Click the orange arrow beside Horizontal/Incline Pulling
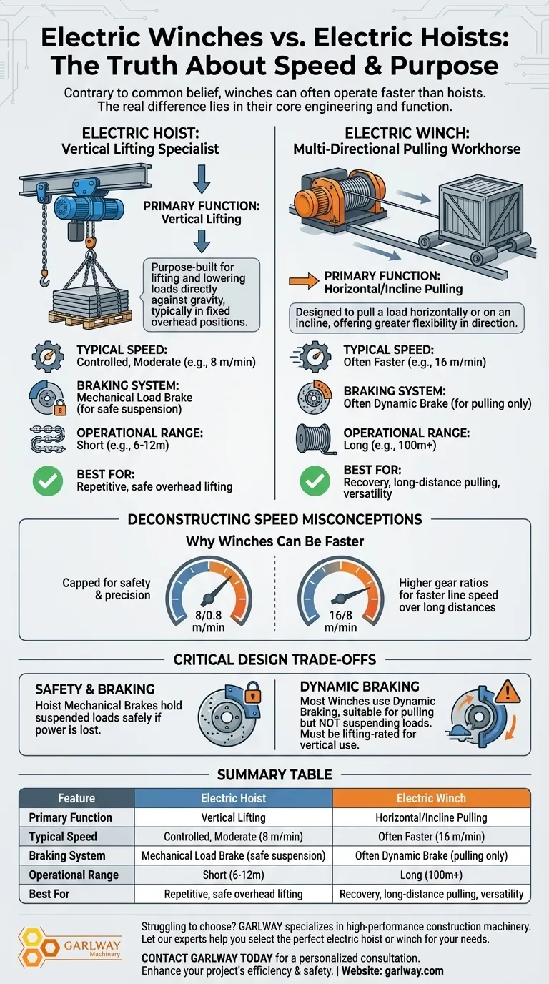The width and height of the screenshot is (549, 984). (x=304, y=281)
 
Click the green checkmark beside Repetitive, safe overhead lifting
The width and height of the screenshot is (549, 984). (x=48, y=481)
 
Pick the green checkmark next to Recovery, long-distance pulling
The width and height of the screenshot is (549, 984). (x=315, y=481)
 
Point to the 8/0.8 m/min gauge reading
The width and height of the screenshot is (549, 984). (x=208, y=621)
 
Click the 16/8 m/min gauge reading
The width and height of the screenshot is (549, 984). (x=340, y=621)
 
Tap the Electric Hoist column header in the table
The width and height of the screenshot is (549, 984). (x=233, y=798)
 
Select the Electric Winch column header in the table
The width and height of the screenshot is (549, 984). (x=431, y=798)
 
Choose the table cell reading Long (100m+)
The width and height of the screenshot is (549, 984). (x=431, y=875)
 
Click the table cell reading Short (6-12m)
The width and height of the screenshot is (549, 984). (x=233, y=875)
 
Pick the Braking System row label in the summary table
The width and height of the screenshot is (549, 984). (x=67, y=856)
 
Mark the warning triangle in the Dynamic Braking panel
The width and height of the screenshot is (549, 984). (x=508, y=692)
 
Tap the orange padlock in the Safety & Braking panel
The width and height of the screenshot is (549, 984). (x=252, y=692)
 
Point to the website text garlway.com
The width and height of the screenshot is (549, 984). (x=414, y=970)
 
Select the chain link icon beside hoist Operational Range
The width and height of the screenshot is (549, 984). (x=48, y=439)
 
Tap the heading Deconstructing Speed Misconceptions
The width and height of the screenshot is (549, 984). (x=275, y=519)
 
